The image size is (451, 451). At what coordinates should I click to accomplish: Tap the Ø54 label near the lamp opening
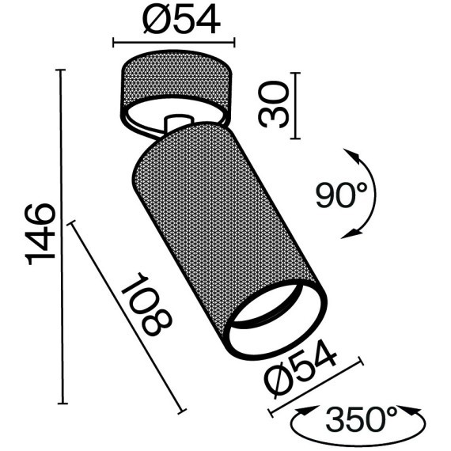(x=301, y=371)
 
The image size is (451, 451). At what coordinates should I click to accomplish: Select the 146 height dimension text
(x=40, y=233)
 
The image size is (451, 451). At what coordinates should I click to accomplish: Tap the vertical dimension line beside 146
(x=62, y=237)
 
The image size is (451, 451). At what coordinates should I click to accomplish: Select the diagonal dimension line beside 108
(x=127, y=316)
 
